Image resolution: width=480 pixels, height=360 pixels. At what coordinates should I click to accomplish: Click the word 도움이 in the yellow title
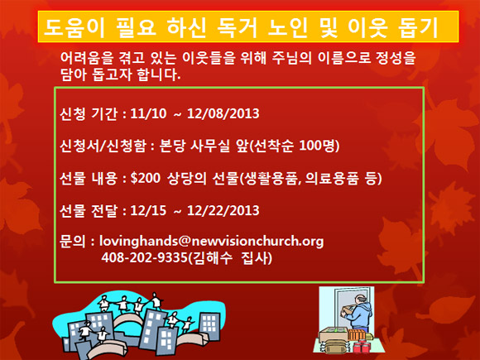pyautogui.click(x=74, y=27)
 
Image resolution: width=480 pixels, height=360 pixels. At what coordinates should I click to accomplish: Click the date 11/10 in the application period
pyautogui.click(x=148, y=113)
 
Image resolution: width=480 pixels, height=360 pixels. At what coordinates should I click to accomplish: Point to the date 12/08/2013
pyautogui.click(x=223, y=113)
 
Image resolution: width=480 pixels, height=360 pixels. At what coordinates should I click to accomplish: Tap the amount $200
pyautogui.click(x=145, y=178)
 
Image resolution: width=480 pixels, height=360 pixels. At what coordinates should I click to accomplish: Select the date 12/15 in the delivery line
pyautogui.click(x=148, y=210)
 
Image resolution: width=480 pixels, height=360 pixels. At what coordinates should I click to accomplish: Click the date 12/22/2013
pyautogui.click(x=223, y=210)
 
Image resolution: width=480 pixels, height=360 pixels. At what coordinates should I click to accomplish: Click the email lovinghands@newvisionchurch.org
pyautogui.click(x=212, y=241)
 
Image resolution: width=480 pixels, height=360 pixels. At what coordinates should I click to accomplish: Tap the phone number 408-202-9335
pyautogui.click(x=144, y=257)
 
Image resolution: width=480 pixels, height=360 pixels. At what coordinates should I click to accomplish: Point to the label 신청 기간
pyautogui.click(x=89, y=113)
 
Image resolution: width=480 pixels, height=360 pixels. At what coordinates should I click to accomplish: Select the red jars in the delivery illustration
pyautogui.click(x=362, y=347)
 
